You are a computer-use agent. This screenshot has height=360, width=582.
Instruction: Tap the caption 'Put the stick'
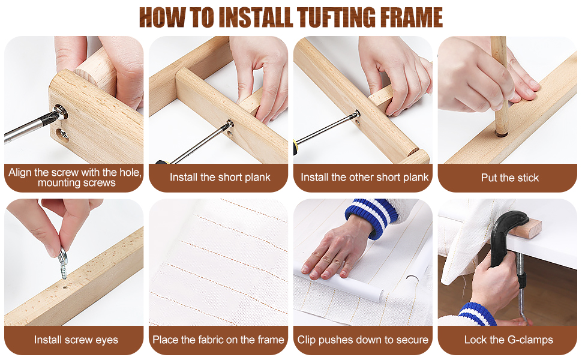point(509,178)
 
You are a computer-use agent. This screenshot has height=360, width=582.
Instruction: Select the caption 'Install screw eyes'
point(76,340)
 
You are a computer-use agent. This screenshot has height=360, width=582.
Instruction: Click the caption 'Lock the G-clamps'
point(509,340)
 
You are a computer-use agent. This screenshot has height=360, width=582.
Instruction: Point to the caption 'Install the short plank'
point(220,177)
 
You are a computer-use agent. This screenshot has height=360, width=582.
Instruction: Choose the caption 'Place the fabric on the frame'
point(218,340)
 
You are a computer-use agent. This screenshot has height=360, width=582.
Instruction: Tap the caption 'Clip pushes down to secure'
point(363,340)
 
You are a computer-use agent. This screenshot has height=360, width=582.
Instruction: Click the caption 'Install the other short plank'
point(365,177)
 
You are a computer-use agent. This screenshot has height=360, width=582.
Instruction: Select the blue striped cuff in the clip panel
point(367,219)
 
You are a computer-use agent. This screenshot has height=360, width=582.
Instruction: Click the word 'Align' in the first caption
point(21,172)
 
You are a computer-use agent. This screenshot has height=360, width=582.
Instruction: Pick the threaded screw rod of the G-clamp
point(520,282)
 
